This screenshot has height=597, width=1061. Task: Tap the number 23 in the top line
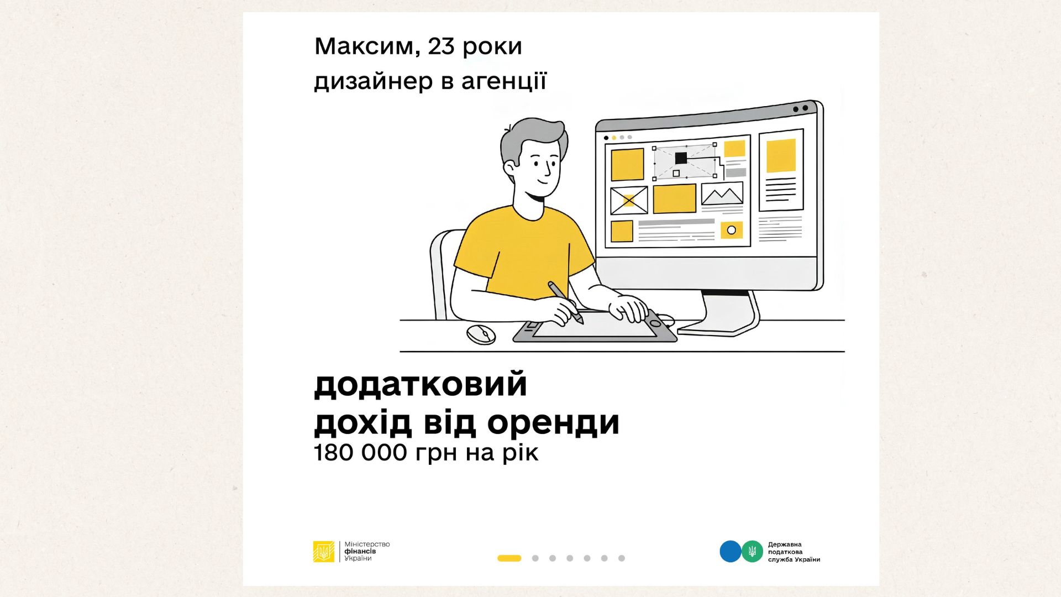tap(440, 46)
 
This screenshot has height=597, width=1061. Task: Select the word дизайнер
tap(374, 81)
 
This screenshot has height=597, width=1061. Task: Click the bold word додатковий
tap(421, 385)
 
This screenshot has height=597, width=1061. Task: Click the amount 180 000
tap(361, 453)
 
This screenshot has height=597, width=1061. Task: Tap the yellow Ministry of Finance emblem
tap(324, 552)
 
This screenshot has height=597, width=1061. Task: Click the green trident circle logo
tap(752, 552)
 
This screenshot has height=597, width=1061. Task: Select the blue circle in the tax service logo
tap(730, 552)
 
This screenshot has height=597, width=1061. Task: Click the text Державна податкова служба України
tap(794, 552)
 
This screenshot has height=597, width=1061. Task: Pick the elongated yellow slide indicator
tap(510, 558)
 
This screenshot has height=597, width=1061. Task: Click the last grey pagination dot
tap(622, 558)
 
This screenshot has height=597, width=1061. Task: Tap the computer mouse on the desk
tap(481, 334)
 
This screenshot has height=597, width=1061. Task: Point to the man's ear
tap(509, 169)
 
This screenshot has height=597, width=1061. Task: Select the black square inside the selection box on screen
tap(681, 159)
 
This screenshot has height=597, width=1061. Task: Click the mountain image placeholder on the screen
tap(722, 194)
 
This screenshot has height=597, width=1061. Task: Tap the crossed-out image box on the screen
tap(629, 201)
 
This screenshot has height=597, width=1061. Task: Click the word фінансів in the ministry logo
tap(360, 552)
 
